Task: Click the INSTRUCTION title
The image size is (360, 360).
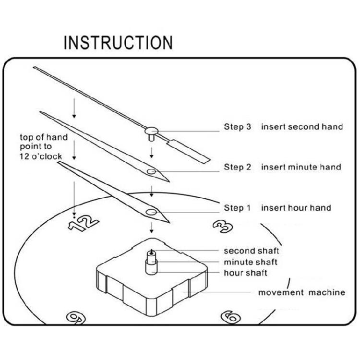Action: click(118, 42)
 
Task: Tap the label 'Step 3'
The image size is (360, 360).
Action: click(237, 127)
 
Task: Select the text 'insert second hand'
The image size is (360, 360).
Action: click(302, 127)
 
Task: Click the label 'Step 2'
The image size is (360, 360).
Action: click(237, 168)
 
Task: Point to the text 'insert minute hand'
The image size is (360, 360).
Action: click(301, 168)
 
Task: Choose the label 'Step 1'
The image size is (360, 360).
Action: click(237, 208)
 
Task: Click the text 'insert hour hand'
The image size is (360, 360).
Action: click(296, 208)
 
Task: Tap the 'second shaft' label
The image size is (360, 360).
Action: click(252, 251)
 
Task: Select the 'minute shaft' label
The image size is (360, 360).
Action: click(251, 263)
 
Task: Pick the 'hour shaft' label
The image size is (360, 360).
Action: click(246, 273)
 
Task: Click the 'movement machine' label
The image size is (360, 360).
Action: click(301, 292)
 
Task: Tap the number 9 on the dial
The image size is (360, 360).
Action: click(75, 317)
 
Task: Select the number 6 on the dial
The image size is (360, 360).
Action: click(231, 316)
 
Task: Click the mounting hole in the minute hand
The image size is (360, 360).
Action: click(152, 171)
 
